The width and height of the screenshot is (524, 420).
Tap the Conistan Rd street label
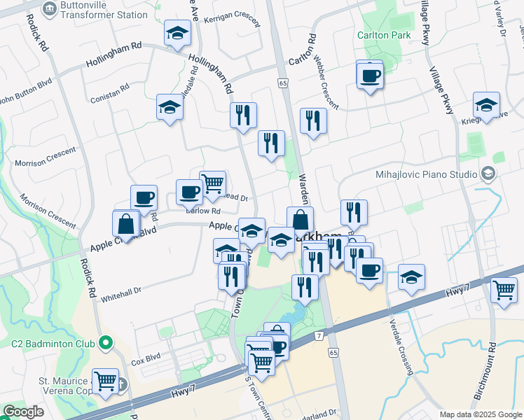(110, 94)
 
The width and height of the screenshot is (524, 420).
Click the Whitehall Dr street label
(120, 293)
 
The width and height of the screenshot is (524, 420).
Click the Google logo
(23, 412)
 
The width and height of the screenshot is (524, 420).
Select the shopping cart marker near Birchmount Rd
(504, 288)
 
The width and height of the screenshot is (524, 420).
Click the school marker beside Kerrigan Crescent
(178, 33)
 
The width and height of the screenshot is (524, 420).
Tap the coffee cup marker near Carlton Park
(370, 76)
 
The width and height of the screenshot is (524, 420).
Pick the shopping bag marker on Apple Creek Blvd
(126, 224)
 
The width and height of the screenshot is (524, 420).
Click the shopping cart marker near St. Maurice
(105, 381)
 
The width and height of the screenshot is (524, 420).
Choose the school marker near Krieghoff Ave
(486, 105)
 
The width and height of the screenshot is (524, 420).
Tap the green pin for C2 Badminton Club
(106, 343)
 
